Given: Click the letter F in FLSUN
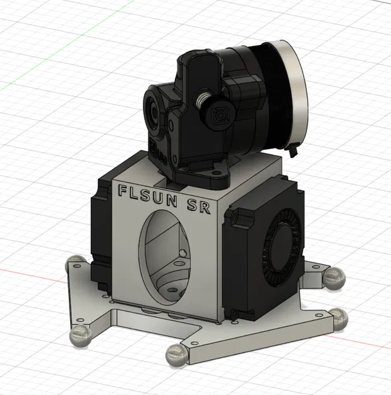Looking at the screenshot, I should (x=124, y=188).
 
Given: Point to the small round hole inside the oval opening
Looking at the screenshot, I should (x=183, y=253).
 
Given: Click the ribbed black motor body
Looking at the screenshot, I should (x=259, y=95).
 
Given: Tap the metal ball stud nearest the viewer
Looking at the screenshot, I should (x=176, y=355).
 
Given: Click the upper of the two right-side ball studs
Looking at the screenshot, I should (x=333, y=276).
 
